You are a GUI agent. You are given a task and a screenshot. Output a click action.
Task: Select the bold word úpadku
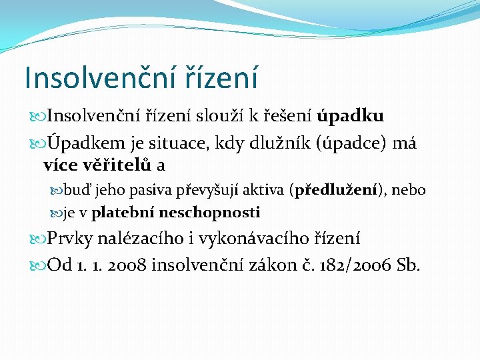point(351,117)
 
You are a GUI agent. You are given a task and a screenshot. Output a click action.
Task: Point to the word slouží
point(219,117)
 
